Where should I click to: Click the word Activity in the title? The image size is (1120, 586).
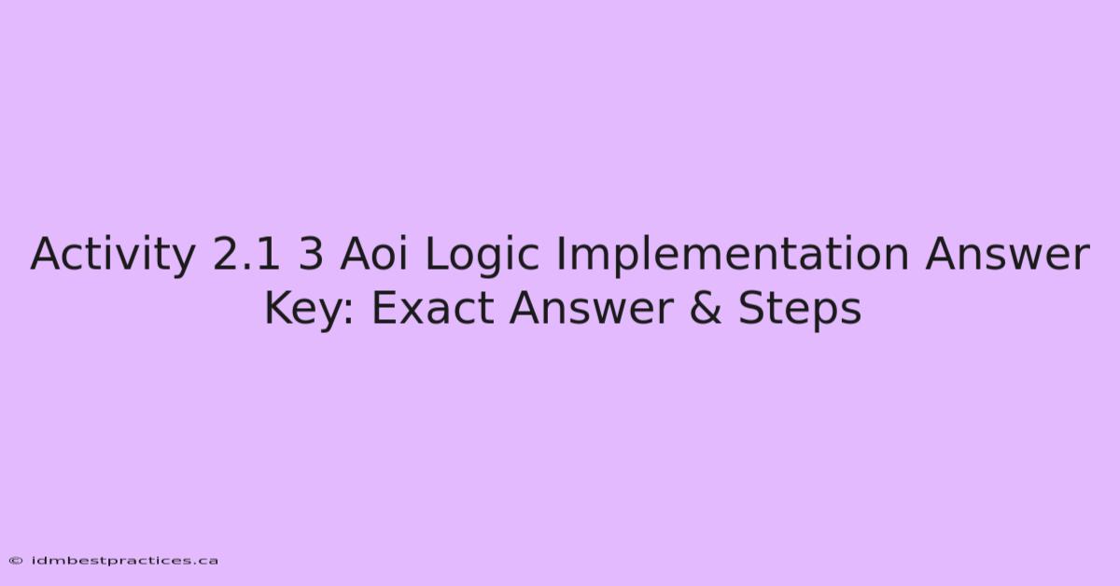coord(113,255)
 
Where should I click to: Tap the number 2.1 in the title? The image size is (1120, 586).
coord(246,254)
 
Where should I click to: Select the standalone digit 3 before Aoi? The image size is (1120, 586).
coord(311,254)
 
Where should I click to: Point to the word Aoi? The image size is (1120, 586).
coord(373,254)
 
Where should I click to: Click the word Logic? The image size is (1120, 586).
coord(482,256)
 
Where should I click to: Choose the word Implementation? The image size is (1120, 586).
coord(733,256)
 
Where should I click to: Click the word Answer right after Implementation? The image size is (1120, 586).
coord(1007,255)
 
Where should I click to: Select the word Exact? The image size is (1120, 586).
coord(433,309)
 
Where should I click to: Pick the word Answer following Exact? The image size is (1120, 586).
coord(592,309)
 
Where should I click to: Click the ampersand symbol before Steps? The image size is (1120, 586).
coord(706,309)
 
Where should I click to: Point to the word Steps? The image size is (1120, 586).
coord(800,309)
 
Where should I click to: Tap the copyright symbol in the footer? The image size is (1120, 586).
coord(16,561)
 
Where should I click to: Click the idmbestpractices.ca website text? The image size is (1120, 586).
coord(124,561)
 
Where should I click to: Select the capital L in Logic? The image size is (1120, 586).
coord(436,254)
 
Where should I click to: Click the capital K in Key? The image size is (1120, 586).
coord(278,308)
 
